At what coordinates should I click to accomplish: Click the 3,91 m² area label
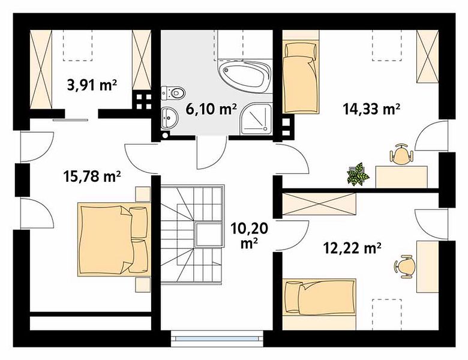pos(92,85)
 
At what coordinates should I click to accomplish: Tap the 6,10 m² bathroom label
pos(211,109)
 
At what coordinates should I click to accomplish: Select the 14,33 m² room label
pos(371,109)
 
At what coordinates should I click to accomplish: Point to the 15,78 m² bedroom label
pos(92,176)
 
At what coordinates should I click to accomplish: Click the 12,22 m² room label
pos(352,248)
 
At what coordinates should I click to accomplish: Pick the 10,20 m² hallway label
pos(249,236)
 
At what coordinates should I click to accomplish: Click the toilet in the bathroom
pos(173,93)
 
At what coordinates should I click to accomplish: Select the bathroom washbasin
pos(169,118)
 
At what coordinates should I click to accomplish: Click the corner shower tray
pos(257,119)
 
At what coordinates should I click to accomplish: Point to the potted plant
pos(358,174)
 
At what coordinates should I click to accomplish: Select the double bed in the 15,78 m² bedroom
pos(114,239)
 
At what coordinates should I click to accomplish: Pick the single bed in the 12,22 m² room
pos(319,298)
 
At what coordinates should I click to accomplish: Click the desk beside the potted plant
pos(401,177)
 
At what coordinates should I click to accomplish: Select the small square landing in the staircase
pos(209,235)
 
